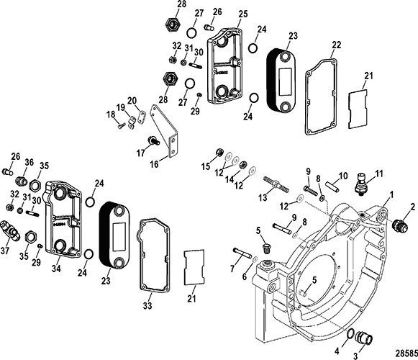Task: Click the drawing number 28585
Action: [x=399, y=352]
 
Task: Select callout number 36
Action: [x=29, y=162]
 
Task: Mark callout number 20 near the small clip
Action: [x=132, y=100]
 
